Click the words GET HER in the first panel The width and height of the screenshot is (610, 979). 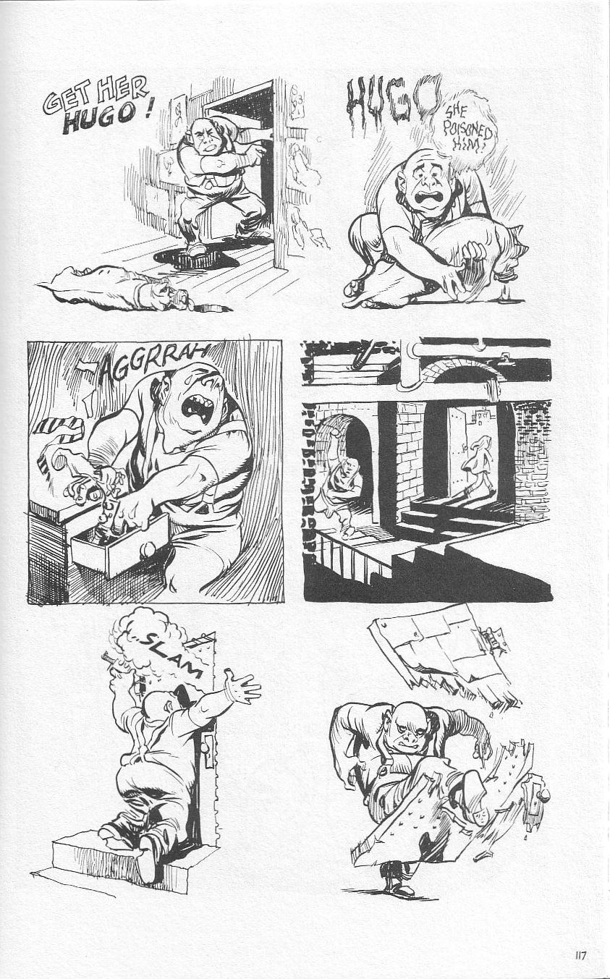point(96,96)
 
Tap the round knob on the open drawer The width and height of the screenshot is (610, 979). point(147,551)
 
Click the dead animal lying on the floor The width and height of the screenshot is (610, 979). point(116,290)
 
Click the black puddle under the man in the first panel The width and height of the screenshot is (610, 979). point(199,256)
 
